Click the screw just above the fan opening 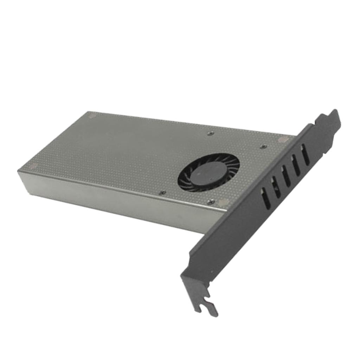click(210, 134)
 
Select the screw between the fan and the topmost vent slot click(263, 147)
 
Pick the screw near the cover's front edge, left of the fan click(162, 193)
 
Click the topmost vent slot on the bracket click(305, 154)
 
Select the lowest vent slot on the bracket click(266, 199)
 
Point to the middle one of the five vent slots click(286, 175)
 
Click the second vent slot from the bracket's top click(296, 165)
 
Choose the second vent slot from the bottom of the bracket click(276, 187)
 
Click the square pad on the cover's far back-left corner click(92, 115)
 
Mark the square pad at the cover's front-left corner click(33, 166)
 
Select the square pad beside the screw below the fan click(223, 203)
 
